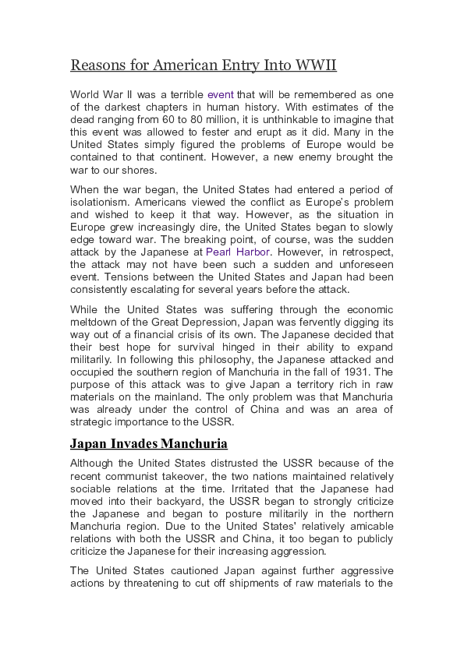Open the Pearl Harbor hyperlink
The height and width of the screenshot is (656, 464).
(238, 252)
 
